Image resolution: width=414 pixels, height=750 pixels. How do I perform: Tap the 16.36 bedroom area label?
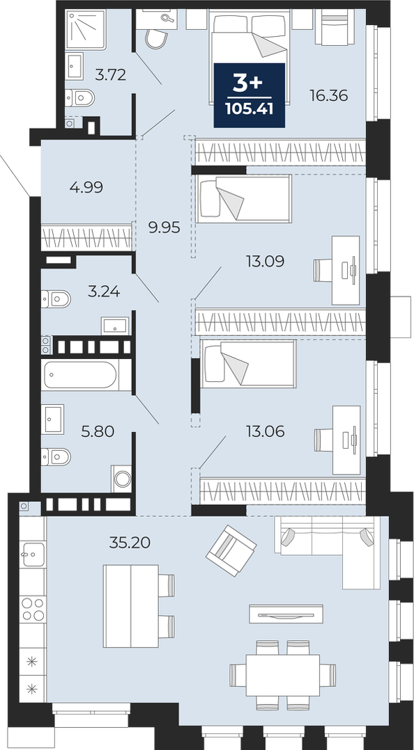pyautogui.click(x=328, y=96)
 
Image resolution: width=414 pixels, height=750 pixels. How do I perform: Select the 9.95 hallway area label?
pyautogui.click(x=164, y=228)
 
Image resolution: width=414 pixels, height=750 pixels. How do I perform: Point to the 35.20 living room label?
pyautogui.click(x=130, y=543)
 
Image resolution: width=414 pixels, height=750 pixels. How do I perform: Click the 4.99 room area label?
pyautogui.click(x=86, y=187)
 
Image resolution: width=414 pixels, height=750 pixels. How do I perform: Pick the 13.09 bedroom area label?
pyautogui.click(x=265, y=261)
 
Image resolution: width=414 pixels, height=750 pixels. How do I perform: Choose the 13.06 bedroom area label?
pyautogui.click(x=265, y=431)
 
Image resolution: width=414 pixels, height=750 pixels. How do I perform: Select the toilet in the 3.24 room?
pyautogui.click(x=56, y=299)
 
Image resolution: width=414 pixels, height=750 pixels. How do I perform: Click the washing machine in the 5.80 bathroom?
pyautogui.click(x=122, y=479)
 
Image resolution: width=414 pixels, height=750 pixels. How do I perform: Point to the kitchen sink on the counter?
pyautogui.click(x=33, y=555)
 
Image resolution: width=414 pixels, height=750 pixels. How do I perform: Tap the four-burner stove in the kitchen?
pyautogui.click(x=33, y=609)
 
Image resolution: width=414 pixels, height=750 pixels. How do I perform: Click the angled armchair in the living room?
pyautogui.click(x=231, y=550)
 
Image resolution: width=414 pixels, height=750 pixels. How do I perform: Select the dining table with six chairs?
pyautogui.click(x=283, y=675)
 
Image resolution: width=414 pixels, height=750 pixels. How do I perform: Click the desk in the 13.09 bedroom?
pyautogui.click(x=346, y=270)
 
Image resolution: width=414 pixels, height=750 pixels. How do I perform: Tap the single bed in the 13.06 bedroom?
pyautogui.click(x=248, y=363)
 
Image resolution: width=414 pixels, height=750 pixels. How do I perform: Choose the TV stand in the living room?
pyautogui.click(x=286, y=614)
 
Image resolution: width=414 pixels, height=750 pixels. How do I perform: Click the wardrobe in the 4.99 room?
pyautogui.click(x=86, y=238)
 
